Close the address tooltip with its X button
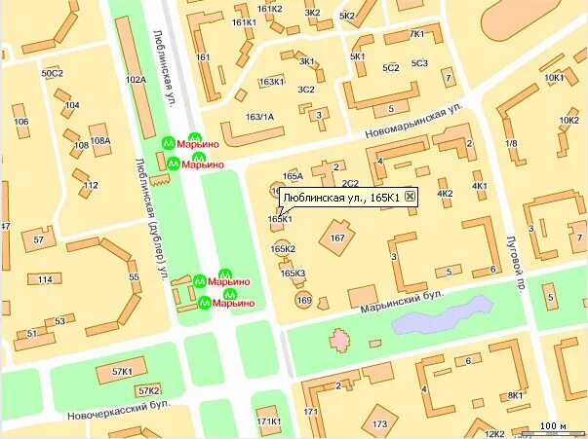[410, 198]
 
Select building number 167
[338, 238]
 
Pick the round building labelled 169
[303, 301]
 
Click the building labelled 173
[379, 423]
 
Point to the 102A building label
[136, 80]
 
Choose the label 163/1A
[259, 117]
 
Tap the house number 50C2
[52, 73]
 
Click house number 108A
[99, 140]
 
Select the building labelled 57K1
[122, 372]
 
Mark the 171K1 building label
[269, 421]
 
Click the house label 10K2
[568, 120]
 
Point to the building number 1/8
[511, 143]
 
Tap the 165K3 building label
[293, 274]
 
